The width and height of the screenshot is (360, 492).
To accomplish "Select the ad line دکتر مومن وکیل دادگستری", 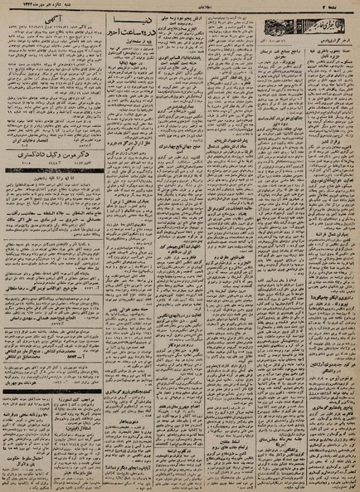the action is (x=73, y=144).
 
